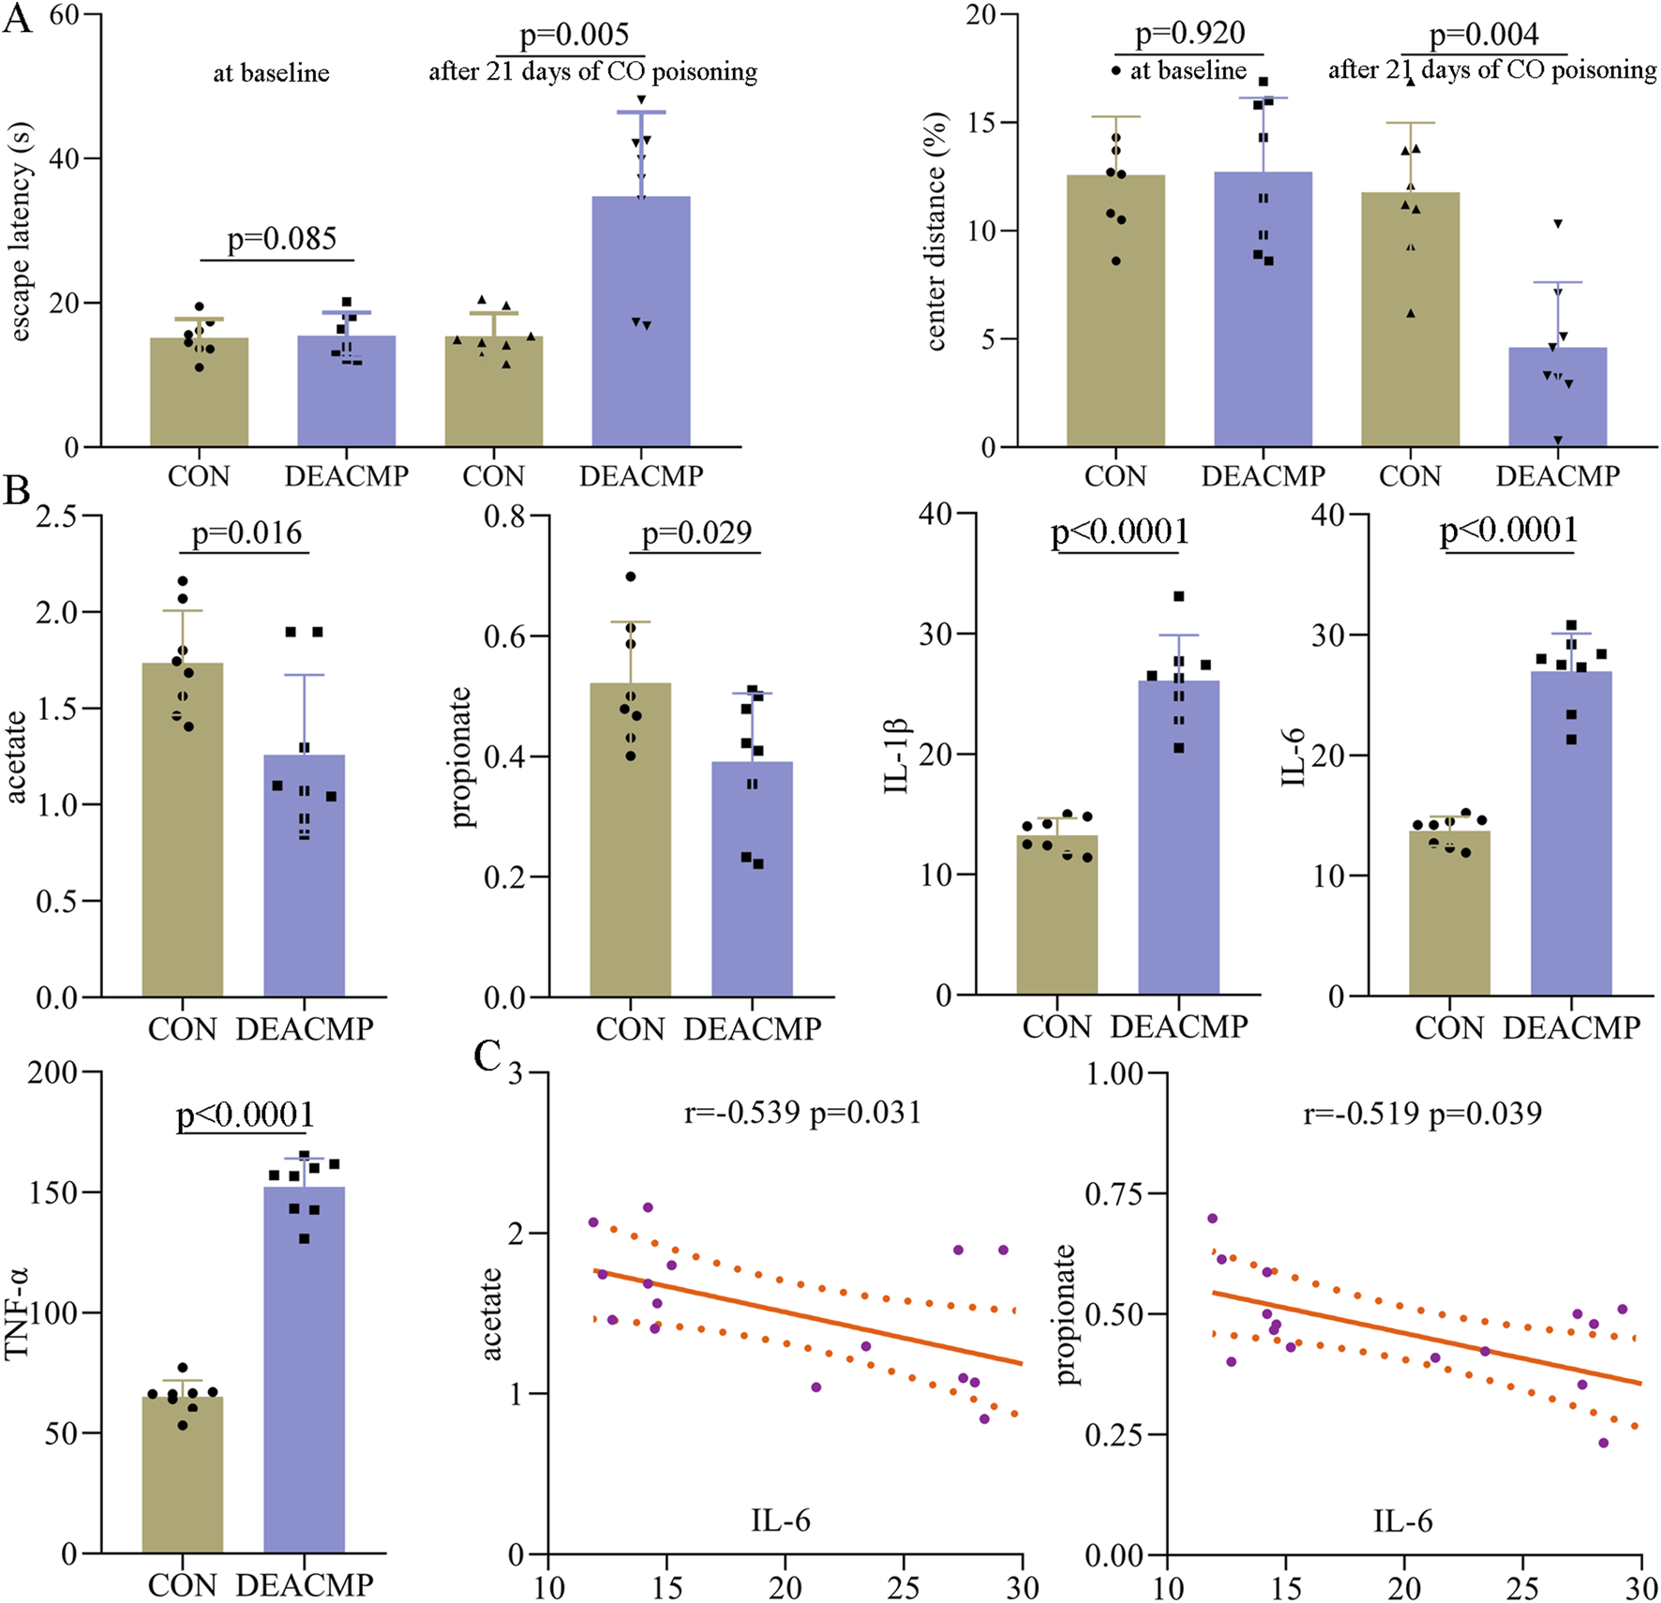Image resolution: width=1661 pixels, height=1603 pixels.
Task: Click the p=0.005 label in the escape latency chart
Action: coord(574,36)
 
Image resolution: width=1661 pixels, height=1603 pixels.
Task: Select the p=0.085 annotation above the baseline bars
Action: coord(281,239)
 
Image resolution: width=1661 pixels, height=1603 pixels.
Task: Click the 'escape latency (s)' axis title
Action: coord(21,232)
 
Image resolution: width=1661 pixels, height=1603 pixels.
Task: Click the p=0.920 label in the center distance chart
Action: coord(1190,34)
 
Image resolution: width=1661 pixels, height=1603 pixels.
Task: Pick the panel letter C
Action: coord(487,1056)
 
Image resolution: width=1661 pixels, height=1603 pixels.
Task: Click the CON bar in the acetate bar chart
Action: coord(183,829)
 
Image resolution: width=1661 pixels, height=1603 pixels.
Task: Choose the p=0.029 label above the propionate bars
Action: coord(696,532)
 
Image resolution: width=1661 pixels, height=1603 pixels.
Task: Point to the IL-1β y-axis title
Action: coord(897,756)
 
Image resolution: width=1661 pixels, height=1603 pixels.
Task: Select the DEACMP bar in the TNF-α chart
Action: coord(305,1369)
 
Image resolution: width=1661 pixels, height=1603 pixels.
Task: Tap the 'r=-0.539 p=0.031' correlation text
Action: coord(802,1113)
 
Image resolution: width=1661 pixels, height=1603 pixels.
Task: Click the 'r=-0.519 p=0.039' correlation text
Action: coord(1422,1113)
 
